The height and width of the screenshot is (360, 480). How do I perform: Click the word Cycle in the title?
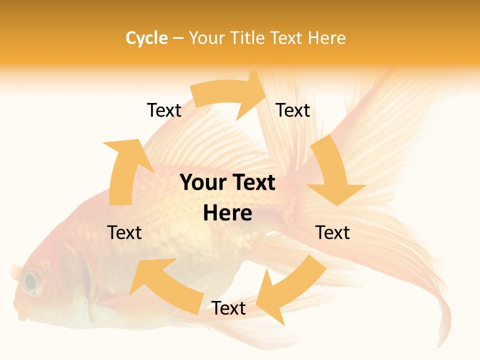146,38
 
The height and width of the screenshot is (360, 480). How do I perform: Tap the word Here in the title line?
327,38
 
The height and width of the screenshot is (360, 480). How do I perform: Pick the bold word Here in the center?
227,213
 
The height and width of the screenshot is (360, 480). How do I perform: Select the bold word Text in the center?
253,183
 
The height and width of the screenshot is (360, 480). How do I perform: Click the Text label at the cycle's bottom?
228,308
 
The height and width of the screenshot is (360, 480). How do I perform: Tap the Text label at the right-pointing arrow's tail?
164,110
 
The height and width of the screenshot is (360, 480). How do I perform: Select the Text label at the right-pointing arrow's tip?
293,110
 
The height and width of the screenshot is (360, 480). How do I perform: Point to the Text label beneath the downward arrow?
332,232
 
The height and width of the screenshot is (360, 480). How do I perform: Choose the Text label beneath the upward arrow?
124,232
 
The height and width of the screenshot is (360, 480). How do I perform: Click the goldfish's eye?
31,282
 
